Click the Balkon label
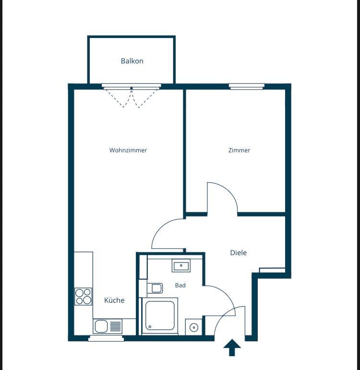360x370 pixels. point(132,61)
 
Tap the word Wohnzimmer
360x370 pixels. point(128,150)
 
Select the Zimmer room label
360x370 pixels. point(239,150)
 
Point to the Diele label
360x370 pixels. point(239,253)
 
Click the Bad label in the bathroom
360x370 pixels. point(180,285)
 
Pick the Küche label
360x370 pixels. point(114,300)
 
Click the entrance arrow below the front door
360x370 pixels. point(232,347)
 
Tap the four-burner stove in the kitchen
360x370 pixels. point(83,296)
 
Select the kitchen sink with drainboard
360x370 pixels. point(108,326)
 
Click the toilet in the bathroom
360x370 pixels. point(155,288)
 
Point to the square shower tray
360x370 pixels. point(160,316)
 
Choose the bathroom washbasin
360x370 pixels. point(181,266)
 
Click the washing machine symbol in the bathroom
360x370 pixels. point(194,327)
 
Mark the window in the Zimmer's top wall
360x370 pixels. point(247,86)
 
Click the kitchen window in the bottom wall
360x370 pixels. point(106,338)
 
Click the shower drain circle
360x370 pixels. point(150,327)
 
